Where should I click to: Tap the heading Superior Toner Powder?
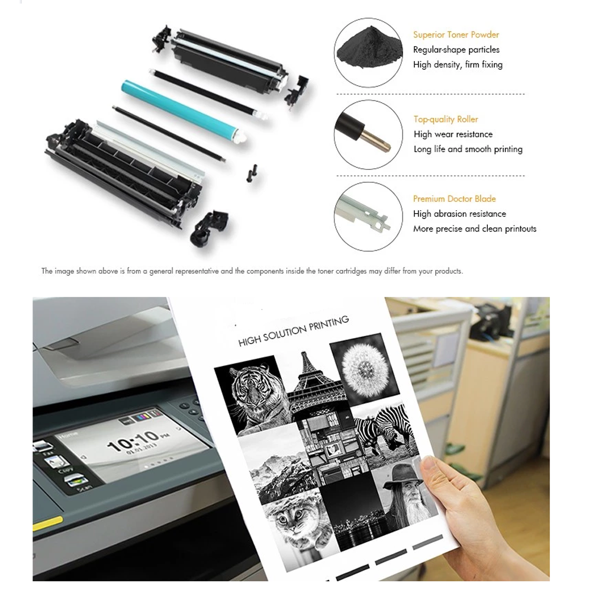point(456,35)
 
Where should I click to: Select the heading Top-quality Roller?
point(446,120)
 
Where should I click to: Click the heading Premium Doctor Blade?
point(454,199)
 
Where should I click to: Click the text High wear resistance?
point(453,134)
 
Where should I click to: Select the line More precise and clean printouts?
point(474,229)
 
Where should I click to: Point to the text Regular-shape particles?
point(456,50)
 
